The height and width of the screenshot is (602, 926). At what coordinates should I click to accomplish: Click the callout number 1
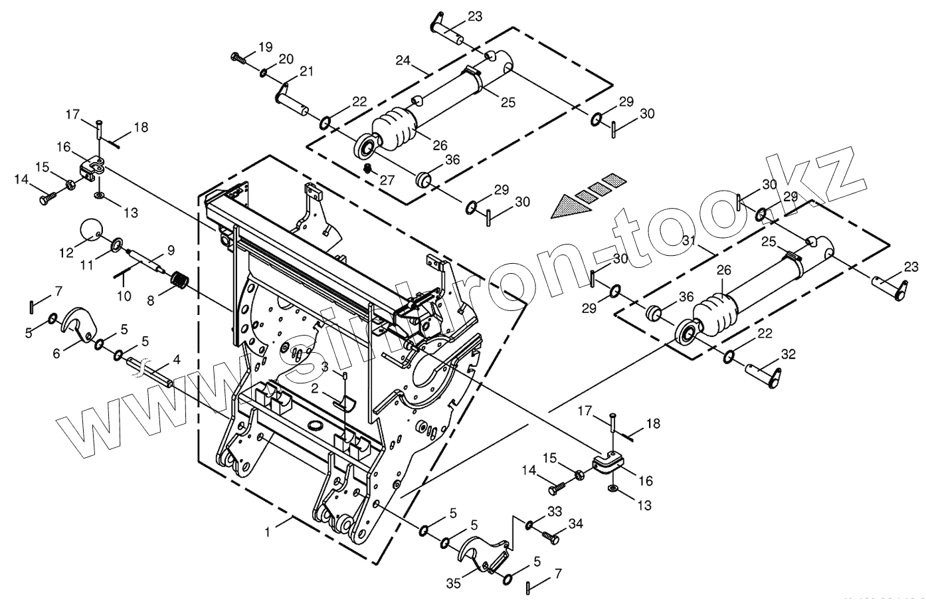(267, 532)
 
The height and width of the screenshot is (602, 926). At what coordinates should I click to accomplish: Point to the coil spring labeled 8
(177, 281)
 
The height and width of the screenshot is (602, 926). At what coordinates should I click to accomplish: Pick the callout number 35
(454, 584)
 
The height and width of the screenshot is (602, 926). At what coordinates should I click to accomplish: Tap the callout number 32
(788, 355)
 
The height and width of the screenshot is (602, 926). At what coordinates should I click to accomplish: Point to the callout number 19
(265, 47)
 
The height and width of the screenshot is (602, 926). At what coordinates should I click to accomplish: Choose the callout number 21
(306, 72)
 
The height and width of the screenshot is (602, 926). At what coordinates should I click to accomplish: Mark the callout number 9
(171, 251)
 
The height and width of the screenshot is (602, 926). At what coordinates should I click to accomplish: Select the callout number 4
(176, 360)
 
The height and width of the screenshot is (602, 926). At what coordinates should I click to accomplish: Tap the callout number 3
(325, 367)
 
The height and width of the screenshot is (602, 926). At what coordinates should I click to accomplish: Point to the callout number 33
(554, 512)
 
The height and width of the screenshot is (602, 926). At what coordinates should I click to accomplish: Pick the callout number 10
(124, 296)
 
